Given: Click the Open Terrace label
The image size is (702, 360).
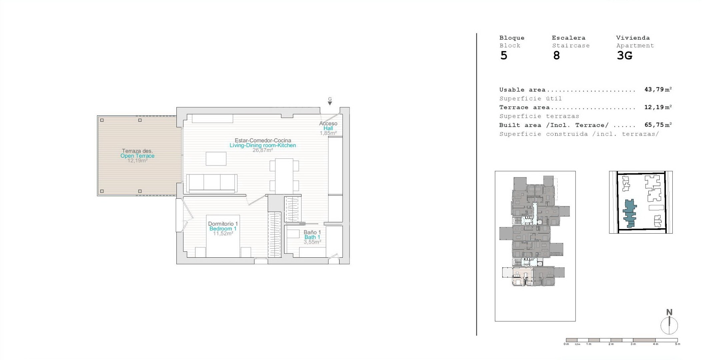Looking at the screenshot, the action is click(x=137, y=156).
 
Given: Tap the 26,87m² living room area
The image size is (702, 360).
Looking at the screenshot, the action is click(x=263, y=150).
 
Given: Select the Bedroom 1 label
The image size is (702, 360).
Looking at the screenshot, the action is click(x=223, y=229).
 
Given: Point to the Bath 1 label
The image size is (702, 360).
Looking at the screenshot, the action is click(x=312, y=237).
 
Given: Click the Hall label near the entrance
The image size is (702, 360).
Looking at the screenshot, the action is click(x=328, y=128).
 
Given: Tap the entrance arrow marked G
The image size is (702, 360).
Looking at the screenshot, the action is click(x=330, y=103).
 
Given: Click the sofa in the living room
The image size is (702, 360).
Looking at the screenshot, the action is click(x=212, y=183).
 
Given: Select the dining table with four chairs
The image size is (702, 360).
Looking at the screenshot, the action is click(x=284, y=176).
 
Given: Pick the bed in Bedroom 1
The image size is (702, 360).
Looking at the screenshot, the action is click(x=223, y=236).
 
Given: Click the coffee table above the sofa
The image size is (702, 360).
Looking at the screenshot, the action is click(x=216, y=159).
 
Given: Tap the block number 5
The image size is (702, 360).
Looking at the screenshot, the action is click(x=504, y=56).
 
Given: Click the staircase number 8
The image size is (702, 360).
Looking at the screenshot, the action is click(x=556, y=56).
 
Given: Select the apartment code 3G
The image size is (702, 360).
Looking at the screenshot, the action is click(x=624, y=56).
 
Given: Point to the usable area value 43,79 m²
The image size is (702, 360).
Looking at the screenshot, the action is click(x=658, y=89).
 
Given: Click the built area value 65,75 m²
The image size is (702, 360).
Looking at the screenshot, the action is click(x=658, y=125).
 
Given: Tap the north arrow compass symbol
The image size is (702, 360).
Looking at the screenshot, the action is click(x=669, y=322).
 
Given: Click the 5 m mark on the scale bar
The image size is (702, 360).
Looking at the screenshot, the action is click(x=678, y=344).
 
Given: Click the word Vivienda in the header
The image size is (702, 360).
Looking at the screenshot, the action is click(x=633, y=38).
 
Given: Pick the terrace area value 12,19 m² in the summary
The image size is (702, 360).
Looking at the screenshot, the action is click(x=658, y=107).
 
